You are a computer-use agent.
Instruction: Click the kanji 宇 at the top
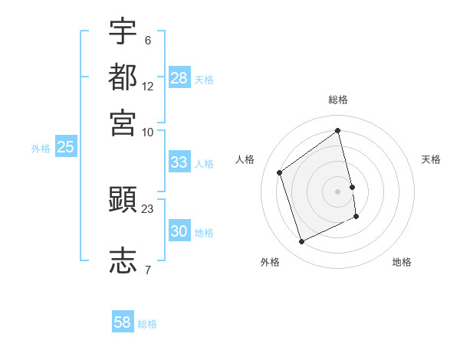123,32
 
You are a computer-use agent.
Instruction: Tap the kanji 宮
123,122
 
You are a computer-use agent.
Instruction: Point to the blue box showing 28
179,78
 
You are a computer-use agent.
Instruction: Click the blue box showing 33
179,162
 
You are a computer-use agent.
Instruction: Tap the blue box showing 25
65,148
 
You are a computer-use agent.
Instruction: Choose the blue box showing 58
123,322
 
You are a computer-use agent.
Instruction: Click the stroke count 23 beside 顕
148,208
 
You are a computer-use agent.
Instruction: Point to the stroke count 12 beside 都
148,87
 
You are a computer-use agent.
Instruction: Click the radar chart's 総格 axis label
338,100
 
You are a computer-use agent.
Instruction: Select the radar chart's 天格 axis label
432,159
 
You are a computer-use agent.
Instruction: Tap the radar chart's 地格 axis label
402,262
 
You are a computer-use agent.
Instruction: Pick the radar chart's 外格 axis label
270,262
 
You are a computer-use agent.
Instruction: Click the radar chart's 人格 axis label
245,159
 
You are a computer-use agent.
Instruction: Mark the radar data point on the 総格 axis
338,131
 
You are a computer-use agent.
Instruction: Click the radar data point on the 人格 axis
280,172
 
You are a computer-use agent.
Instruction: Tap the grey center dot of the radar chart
338,191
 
